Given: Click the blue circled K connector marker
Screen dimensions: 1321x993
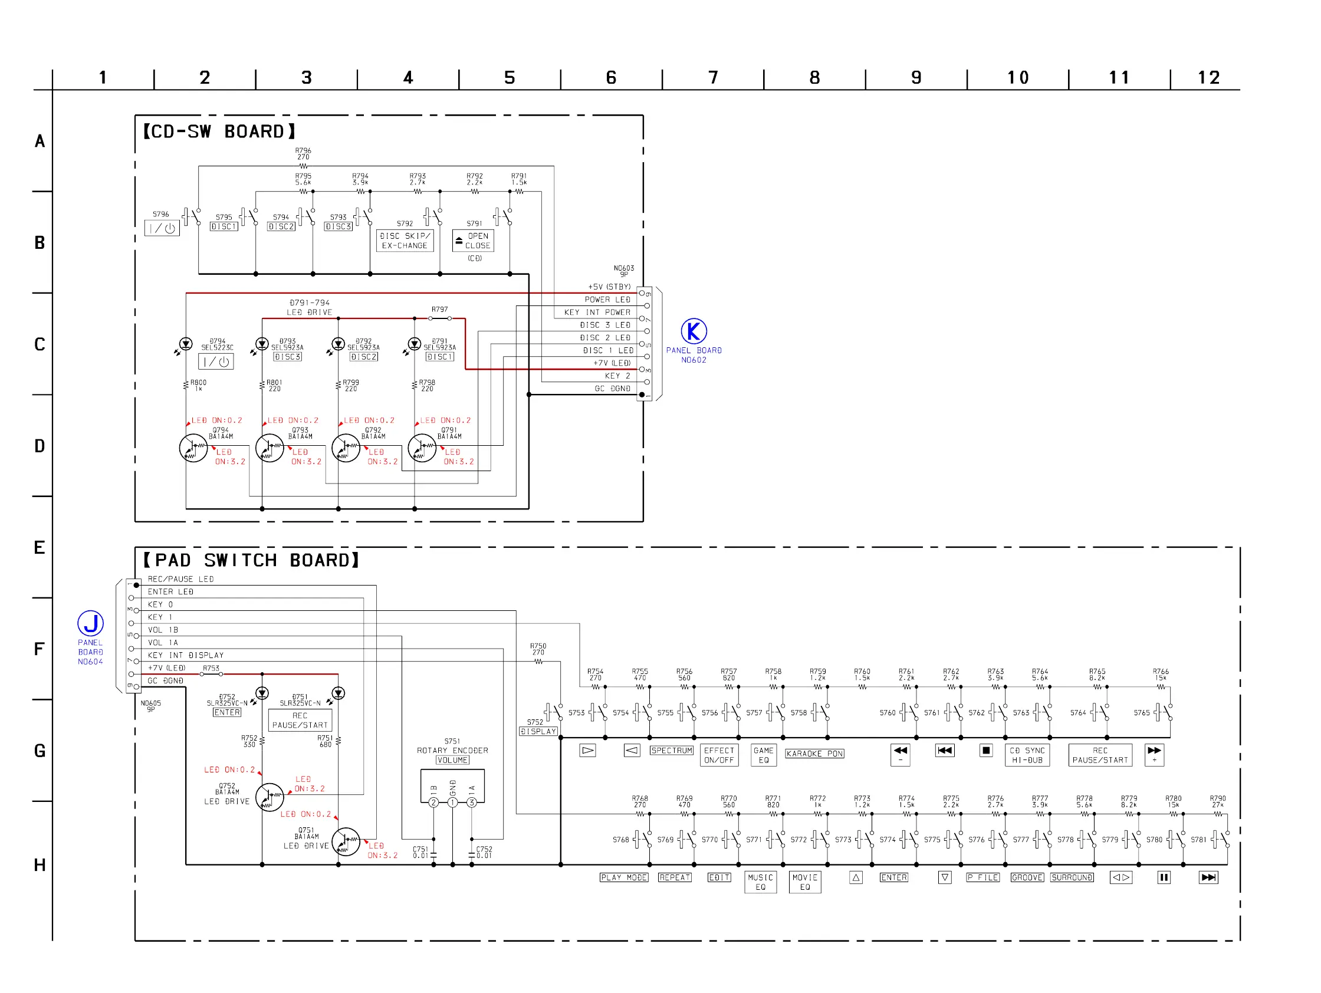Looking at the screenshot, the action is [694, 331].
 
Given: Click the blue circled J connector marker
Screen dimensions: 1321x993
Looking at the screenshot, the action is [91, 623].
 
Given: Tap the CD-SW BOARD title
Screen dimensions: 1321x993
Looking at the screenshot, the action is [219, 131].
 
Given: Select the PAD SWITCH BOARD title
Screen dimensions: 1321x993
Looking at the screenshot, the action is [251, 560].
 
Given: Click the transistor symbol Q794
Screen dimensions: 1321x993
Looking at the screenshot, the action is [193, 448].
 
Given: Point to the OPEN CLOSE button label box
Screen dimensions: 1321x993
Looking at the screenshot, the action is [473, 241].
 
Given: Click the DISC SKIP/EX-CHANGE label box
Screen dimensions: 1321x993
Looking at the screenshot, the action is [405, 241].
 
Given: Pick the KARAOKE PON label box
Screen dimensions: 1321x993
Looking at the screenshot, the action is [814, 754].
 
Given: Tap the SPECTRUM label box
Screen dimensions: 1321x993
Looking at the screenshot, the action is [672, 751].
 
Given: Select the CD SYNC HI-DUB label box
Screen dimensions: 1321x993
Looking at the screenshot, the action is [1027, 755].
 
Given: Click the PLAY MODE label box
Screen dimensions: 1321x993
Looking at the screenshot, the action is [624, 877].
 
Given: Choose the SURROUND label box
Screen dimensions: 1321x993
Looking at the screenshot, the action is [1072, 877].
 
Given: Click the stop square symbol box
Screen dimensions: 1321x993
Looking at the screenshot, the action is [986, 751].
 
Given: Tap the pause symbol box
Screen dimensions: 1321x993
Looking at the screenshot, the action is [1164, 877].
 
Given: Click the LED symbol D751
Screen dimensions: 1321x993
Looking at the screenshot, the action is [339, 693].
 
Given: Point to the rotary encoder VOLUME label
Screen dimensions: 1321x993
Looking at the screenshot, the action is [452, 760].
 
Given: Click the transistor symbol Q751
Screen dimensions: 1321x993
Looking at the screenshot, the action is [346, 842].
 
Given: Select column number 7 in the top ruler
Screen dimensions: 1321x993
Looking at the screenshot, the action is [713, 78].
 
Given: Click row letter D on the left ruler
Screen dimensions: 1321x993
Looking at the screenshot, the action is [40, 446].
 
